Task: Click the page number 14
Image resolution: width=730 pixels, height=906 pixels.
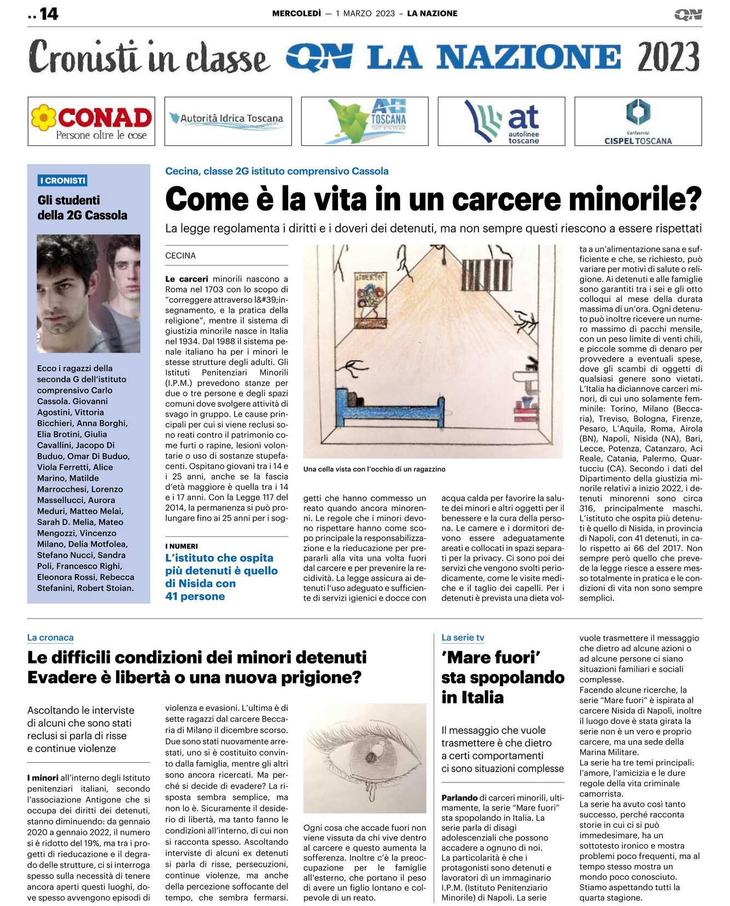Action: (49, 14)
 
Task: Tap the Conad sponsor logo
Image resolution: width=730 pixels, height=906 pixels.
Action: (91, 121)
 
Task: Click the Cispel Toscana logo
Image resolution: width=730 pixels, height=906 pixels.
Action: (638, 121)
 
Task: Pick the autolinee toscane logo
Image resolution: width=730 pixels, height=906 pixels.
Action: (501, 121)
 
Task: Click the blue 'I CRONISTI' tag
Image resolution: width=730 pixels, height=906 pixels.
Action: (63, 180)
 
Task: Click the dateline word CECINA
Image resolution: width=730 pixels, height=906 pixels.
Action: (180, 255)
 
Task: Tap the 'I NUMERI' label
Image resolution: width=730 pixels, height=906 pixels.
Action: (182, 546)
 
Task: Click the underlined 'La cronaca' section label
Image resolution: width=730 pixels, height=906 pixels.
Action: (50, 638)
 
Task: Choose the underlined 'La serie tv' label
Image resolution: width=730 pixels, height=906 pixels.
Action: (463, 638)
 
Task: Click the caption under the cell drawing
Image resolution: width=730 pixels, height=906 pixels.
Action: (374, 469)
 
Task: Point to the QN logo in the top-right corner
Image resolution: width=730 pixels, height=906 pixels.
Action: (688, 14)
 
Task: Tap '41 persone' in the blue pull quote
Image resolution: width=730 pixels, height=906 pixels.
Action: (195, 597)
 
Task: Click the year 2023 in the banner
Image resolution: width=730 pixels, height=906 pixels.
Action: (668, 57)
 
